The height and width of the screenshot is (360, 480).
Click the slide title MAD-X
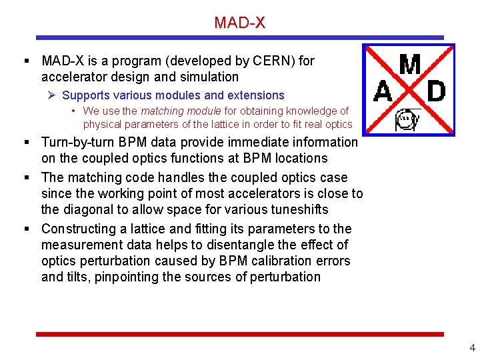coord(239,23)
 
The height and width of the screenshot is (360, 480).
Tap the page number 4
coord(472,347)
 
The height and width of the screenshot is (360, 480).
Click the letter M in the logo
coord(410,65)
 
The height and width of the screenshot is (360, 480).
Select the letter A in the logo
coord(383,92)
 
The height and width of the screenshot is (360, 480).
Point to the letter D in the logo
coord(435,92)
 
